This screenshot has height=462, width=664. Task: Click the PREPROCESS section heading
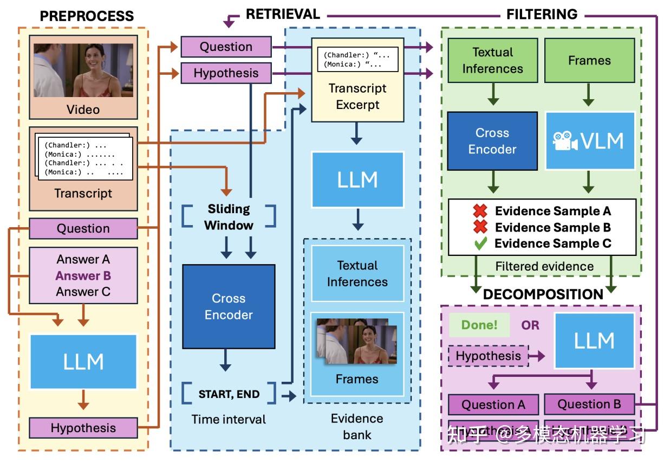(87, 16)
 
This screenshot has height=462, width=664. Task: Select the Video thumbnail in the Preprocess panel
(83, 70)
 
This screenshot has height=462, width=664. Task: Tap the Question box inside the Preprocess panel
(83, 228)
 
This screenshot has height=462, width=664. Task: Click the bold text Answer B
(83, 275)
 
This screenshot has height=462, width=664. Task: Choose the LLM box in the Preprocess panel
(83, 361)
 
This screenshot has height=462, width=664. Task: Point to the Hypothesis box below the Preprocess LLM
(83, 428)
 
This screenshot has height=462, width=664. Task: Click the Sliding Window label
(229, 217)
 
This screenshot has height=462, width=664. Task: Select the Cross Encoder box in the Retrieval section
(229, 306)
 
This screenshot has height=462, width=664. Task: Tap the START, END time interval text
(229, 394)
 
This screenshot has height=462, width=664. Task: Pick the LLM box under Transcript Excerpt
(357, 179)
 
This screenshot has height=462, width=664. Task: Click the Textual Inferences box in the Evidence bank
(357, 273)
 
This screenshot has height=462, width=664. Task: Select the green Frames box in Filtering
(589, 60)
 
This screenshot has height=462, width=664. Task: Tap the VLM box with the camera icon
(589, 141)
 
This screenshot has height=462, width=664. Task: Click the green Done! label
(479, 325)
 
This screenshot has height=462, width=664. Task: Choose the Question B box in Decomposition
(589, 404)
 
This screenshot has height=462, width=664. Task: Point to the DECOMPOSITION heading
(543, 294)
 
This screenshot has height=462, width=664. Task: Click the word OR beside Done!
(530, 325)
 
